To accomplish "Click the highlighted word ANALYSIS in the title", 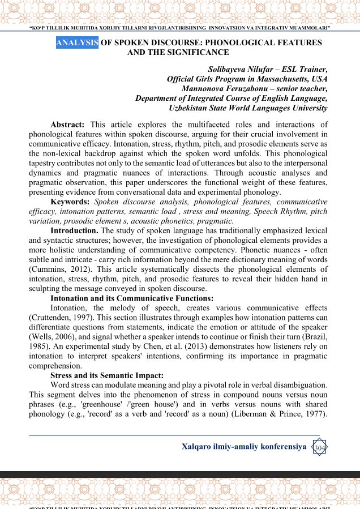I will point(77,42).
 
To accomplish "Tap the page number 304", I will point(320,448).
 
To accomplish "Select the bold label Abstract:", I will point(67,125).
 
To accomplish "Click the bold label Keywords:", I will point(70,202).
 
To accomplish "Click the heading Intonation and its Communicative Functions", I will point(132,298).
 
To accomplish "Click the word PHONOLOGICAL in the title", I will point(239,42).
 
